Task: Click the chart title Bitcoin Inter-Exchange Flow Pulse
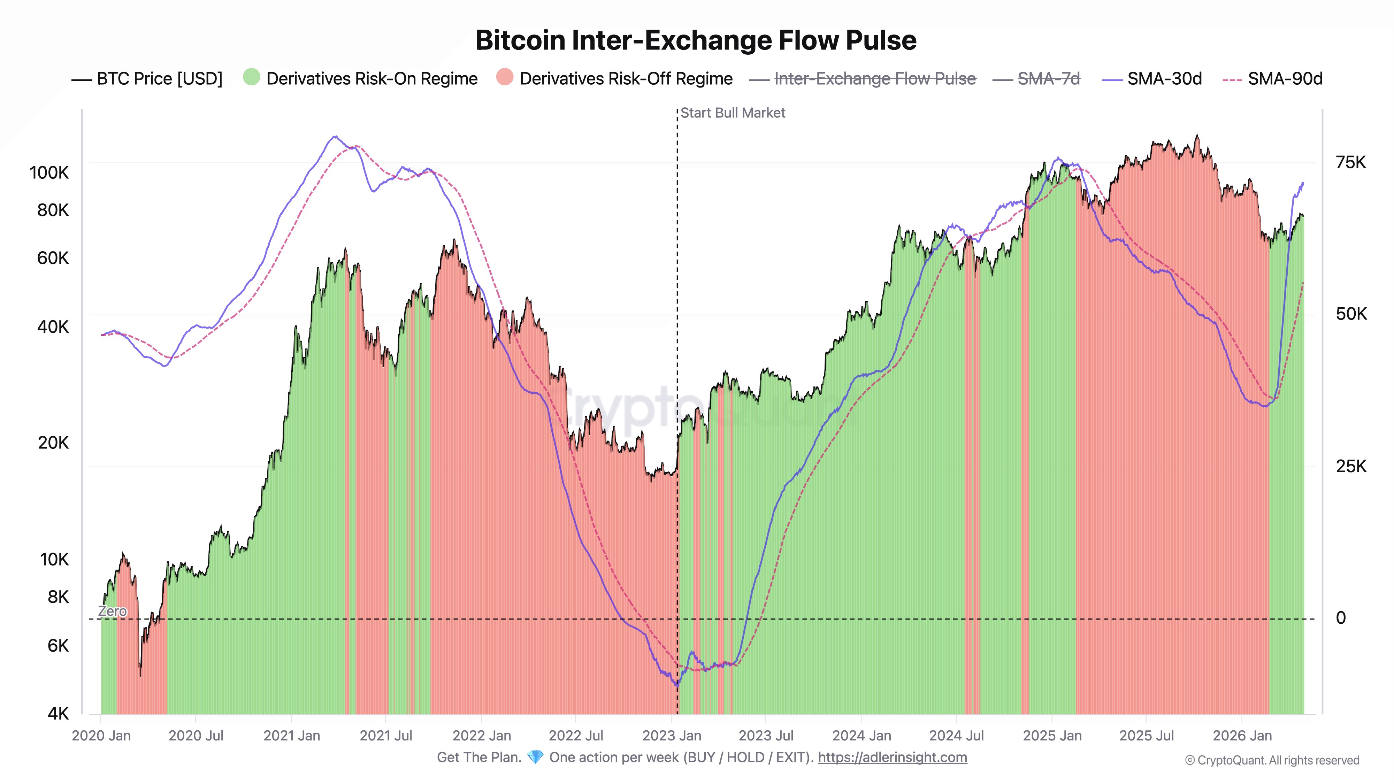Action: point(696,40)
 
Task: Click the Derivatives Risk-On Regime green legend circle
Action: point(252,77)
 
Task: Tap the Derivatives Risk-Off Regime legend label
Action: point(626,79)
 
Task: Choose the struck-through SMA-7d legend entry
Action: point(1048,79)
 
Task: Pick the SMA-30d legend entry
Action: point(1164,79)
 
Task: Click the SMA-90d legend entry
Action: point(1285,79)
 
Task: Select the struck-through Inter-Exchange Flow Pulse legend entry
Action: point(874,79)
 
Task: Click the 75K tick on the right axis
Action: point(1351,162)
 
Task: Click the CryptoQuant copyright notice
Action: point(1272,760)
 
